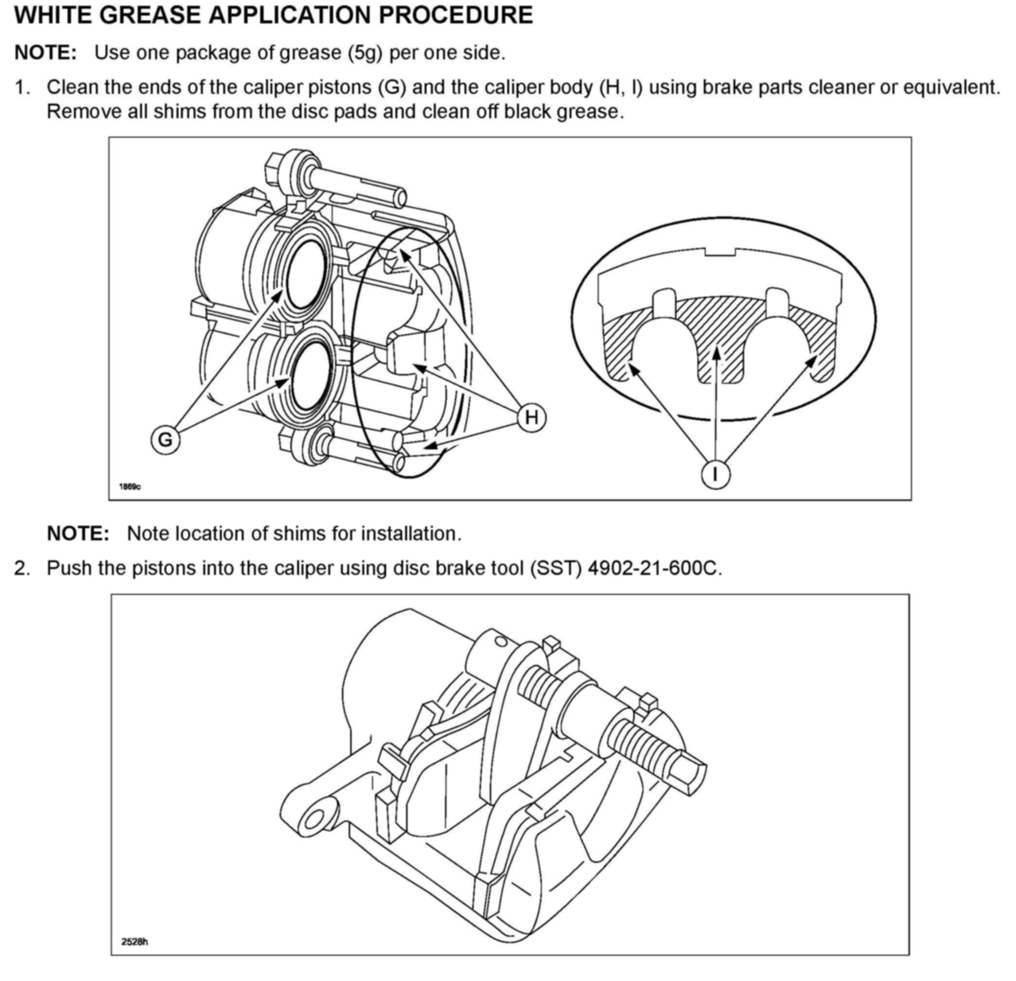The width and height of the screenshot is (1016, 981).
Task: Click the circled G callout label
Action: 165,440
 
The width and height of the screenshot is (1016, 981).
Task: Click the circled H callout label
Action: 531,417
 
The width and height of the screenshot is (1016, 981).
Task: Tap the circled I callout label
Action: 715,474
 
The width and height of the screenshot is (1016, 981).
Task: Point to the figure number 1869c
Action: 130,486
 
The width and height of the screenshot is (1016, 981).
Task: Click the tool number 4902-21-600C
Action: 654,568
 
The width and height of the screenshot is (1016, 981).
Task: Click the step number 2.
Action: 22,568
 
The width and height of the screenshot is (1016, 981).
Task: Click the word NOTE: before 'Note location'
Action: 78,534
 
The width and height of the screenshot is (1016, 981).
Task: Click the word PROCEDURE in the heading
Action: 456,15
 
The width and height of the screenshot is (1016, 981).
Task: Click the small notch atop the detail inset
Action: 719,252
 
